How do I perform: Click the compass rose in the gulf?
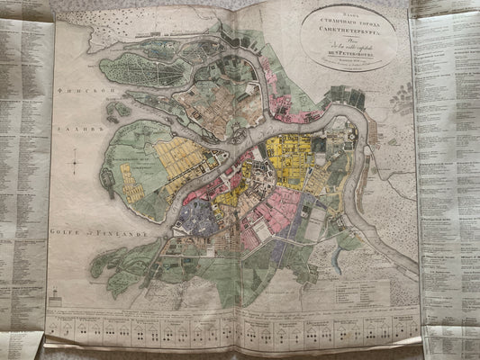(76, 164)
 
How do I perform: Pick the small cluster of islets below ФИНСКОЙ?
(116, 112)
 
